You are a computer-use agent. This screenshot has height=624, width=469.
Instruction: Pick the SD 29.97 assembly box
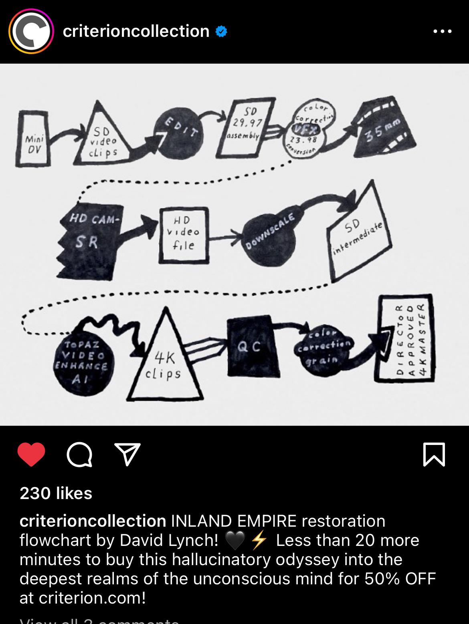244,128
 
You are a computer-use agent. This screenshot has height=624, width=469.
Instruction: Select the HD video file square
184,235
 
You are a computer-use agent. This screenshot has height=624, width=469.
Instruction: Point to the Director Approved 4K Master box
406,338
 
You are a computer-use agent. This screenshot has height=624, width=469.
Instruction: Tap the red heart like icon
31,455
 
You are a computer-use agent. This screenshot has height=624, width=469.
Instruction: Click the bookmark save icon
434,455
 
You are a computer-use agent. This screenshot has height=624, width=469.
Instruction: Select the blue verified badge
221,31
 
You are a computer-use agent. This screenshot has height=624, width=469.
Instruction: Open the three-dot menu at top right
443,31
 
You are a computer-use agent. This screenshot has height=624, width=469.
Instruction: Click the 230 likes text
56,493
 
